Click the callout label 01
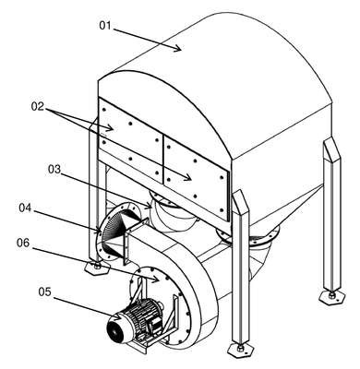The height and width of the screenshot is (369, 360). (x=104, y=26)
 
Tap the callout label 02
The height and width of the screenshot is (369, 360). (x=38, y=107)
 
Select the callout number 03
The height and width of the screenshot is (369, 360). (x=54, y=169)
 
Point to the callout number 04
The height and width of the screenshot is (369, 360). (x=25, y=208)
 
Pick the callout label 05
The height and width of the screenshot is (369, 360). (x=44, y=292)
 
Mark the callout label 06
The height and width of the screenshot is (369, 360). (x=23, y=243)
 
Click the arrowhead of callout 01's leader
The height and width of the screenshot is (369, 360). (x=177, y=48)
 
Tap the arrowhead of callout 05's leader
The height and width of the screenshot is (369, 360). (x=117, y=315)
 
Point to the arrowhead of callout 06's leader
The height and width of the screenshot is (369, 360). (x=155, y=280)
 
